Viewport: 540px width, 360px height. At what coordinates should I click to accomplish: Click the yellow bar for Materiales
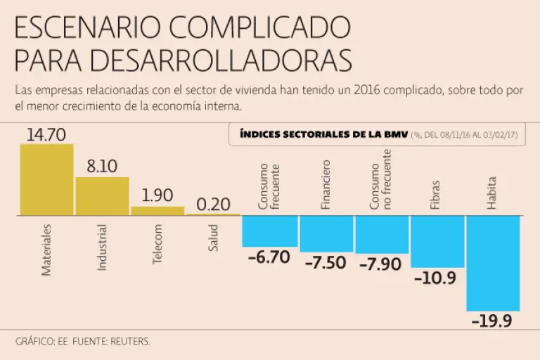click(x=46, y=179)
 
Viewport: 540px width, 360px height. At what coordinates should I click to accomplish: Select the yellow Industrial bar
click(x=102, y=196)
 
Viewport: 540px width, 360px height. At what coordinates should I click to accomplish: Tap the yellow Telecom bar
click(x=157, y=210)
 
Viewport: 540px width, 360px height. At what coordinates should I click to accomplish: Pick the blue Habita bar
click(x=493, y=263)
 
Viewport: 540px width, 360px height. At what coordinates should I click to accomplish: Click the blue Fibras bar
click(x=437, y=241)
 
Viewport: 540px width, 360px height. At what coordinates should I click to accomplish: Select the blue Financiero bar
click(x=326, y=233)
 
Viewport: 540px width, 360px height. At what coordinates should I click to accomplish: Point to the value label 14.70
click(x=46, y=134)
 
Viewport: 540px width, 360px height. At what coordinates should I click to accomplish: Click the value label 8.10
click(x=102, y=167)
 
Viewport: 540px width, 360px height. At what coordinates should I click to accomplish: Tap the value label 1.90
click(x=157, y=196)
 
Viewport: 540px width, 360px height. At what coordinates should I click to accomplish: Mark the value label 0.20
click(x=213, y=205)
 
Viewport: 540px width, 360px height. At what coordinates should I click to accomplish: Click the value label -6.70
click(x=269, y=257)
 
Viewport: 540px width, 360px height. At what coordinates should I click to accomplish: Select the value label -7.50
click(x=326, y=263)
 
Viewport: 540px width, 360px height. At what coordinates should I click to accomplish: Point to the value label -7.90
click(x=380, y=264)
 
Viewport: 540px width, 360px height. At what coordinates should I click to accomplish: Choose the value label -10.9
click(x=435, y=278)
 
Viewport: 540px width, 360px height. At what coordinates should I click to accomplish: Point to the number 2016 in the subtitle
click(x=371, y=92)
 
